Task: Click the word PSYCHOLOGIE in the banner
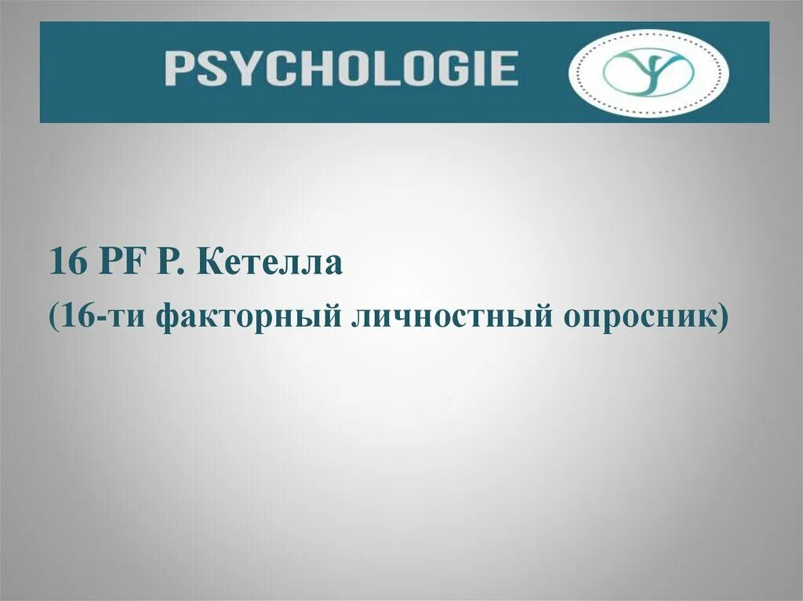click(x=341, y=68)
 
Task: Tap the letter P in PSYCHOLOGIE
click(x=180, y=68)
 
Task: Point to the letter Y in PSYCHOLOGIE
click(x=245, y=68)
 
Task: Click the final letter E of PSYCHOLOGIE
click(x=503, y=68)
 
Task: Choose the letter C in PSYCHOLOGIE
click(x=280, y=68)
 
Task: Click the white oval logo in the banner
click(x=649, y=73)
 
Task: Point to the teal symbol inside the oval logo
click(x=649, y=73)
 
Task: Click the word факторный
click(x=249, y=317)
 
